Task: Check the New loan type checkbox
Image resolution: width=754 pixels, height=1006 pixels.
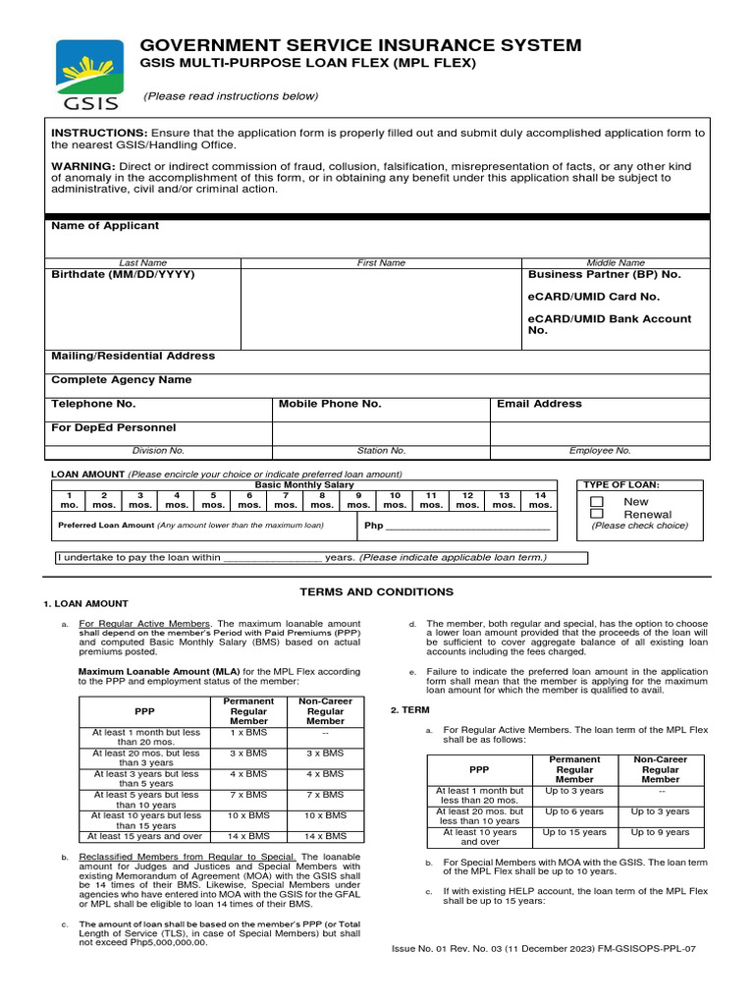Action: [x=596, y=501]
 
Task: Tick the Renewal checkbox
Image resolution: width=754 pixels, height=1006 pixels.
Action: [x=596, y=514]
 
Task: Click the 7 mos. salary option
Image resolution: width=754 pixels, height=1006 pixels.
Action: [x=286, y=500]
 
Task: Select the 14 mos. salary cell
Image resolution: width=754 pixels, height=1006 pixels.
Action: [x=540, y=500]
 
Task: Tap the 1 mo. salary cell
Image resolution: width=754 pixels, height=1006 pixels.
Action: [x=69, y=500]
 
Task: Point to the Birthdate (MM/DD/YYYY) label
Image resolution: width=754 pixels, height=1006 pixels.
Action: [x=123, y=275]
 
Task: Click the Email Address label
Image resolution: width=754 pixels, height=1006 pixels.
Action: [x=539, y=404]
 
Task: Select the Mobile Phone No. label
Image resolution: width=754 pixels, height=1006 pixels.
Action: [x=330, y=404]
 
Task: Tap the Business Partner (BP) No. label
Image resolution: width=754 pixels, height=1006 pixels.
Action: [x=604, y=275]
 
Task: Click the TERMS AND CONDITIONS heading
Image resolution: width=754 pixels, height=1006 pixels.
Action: [x=376, y=592]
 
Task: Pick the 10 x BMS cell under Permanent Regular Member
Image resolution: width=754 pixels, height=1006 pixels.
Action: [x=247, y=815]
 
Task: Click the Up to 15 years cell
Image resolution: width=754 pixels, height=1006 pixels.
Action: [x=574, y=832]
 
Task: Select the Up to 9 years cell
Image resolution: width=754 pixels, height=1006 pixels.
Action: [x=660, y=832]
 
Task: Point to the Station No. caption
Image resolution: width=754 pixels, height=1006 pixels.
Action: [x=381, y=451]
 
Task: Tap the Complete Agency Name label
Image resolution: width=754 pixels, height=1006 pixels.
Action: [x=122, y=380]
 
